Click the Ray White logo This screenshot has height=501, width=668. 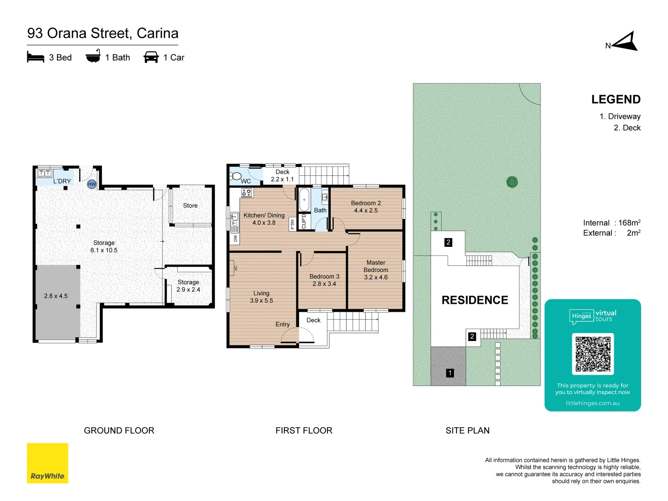click(x=47, y=463)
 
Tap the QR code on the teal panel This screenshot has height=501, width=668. click(x=593, y=354)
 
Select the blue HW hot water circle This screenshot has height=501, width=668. click(x=92, y=184)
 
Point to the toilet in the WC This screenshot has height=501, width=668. click(x=236, y=176)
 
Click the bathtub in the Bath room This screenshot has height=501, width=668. click(x=304, y=199)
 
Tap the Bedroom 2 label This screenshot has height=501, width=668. click(x=366, y=207)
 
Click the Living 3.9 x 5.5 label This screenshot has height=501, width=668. click(x=261, y=297)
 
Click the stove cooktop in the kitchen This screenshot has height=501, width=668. click(x=246, y=192)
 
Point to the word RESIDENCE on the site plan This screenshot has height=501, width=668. click(x=475, y=300)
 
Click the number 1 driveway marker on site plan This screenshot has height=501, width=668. click(x=450, y=373)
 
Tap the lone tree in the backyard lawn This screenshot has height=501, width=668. click(x=512, y=182)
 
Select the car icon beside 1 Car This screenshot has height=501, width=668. click(x=151, y=58)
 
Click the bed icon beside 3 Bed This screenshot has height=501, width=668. click(x=36, y=58)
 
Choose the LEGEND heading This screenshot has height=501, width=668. click(x=616, y=100)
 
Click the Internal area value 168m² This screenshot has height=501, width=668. click(x=629, y=223)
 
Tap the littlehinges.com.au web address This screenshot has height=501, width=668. click(x=592, y=403)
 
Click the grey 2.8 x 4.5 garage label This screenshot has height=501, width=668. click(x=56, y=296)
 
